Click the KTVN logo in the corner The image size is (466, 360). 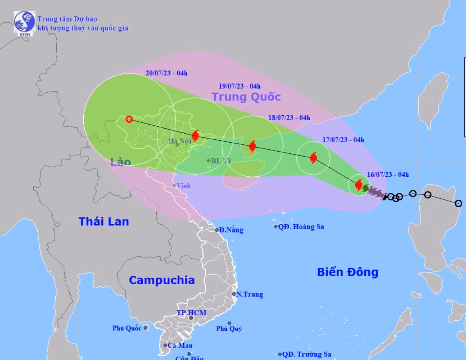(x=24, y=23)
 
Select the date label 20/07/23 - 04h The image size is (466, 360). (x=167, y=73)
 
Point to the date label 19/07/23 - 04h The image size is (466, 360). (x=240, y=86)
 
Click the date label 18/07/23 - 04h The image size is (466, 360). (x=289, y=118)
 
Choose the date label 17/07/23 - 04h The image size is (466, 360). (x=343, y=140)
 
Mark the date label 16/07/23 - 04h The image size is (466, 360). (x=388, y=174)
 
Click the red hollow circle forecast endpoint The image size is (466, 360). (x=129, y=119)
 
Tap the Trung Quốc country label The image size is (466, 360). (x=246, y=97)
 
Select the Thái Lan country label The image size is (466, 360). (x=104, y=221)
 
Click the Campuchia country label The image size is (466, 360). (x=162, y=280)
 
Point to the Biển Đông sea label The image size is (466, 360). (x=347, y=271)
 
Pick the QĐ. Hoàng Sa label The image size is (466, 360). (x=301, y=226)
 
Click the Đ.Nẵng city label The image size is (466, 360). (x=231, y=230)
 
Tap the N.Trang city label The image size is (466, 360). (x=249, y=294)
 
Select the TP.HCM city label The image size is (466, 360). (x=191, y=313)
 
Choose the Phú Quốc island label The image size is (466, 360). (x=127, y=328)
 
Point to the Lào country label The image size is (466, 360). (x=121, y=162)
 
